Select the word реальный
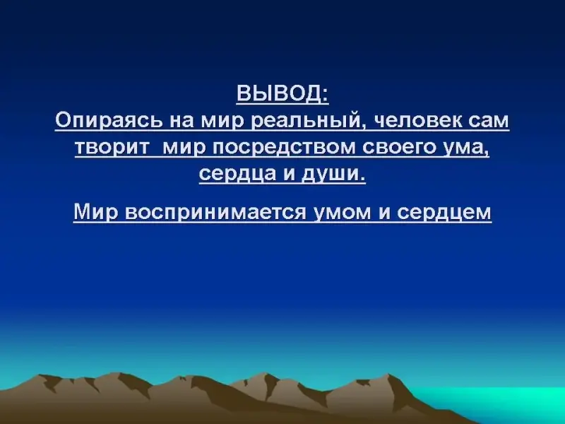pos(306,121)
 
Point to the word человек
pos(417,120)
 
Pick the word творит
pos(112,148)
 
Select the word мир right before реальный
pos(222,122)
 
